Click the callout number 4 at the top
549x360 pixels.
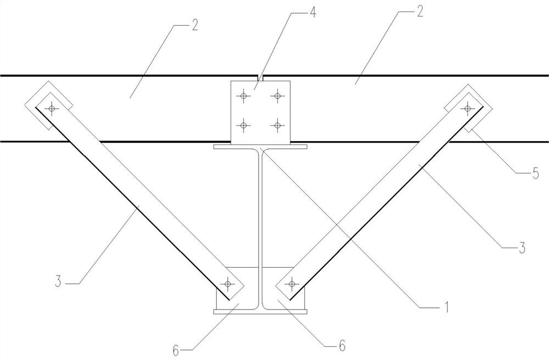(312, 12)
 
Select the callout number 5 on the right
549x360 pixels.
(535, 173)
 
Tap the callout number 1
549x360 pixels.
(445, 307)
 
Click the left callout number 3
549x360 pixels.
(58, 282)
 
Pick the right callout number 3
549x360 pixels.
(522, 248)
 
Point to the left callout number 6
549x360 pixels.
(176, 350)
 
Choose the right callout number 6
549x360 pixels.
(342, 346)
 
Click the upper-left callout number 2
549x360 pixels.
(195, 25)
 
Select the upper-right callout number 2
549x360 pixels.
(419, 12)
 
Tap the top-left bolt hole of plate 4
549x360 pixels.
(244, 95)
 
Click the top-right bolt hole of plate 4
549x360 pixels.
(277, 95)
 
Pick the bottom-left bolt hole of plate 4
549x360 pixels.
(244, 125)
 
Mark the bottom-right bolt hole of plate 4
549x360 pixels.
(277, 125)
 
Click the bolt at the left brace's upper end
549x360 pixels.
(52, 109)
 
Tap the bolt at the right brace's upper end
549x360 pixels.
(467, 108)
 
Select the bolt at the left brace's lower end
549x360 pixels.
(228, 284)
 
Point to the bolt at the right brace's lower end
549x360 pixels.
(292, 284)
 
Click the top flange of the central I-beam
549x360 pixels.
(260, 147)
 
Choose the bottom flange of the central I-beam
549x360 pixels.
(260, 311)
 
